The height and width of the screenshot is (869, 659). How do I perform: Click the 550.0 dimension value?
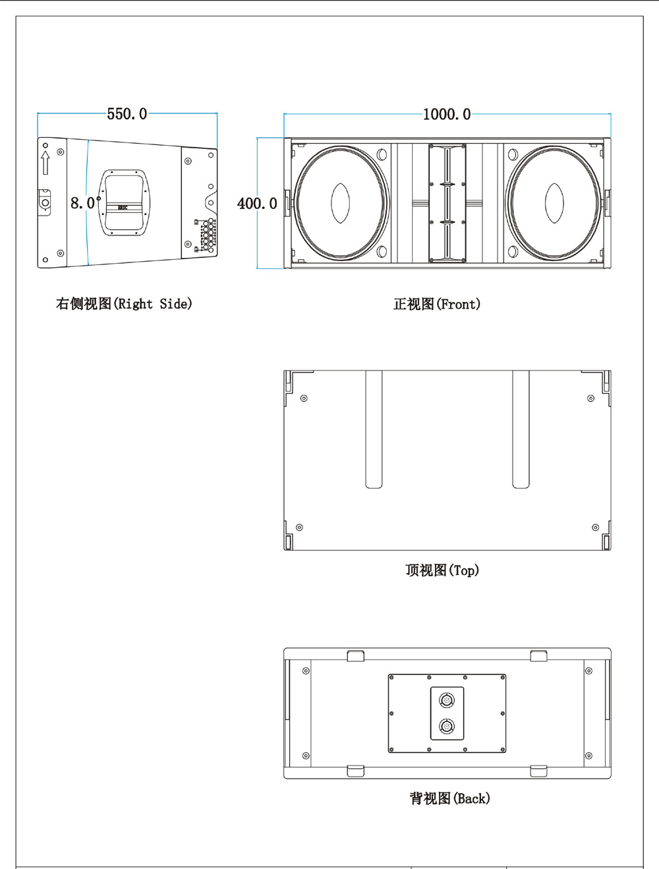(x=127, y=114)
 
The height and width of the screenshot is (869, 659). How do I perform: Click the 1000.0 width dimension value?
(x=447, y=114)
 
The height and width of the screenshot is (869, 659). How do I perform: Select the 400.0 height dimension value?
(x=257, y=204)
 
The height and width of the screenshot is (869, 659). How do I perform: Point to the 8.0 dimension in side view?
(x=83, y=203)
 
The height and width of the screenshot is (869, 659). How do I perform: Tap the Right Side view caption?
(x=124, y=304)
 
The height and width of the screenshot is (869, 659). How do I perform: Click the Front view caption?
(x=437, y=304)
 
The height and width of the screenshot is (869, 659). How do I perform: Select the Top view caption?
(x=442, y=570)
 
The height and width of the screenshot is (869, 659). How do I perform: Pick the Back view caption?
(x=450, y=798)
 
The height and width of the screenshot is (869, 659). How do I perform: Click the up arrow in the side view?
(x=45, y=162)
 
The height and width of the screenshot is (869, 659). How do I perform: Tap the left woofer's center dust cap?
(x=341, y=202)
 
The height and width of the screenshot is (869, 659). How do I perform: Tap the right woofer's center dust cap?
(x=554, y=202)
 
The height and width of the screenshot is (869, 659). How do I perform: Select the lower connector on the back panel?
(x=446, y=727)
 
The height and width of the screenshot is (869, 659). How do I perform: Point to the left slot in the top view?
(x=374, y=429)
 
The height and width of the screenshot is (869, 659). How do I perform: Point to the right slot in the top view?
(x=521, y=429)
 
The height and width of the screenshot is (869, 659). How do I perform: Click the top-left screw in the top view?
(x=304, y=398)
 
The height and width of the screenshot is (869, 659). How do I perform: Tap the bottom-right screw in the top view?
(x=596, y=527)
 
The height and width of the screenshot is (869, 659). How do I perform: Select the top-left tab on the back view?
(x=355, y=655)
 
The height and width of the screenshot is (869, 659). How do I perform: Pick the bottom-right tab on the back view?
(x=538, y=771)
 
